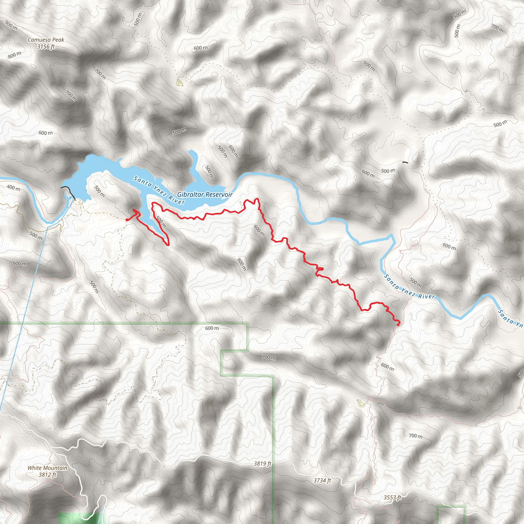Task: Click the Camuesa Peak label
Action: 46,40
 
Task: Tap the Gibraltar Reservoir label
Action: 205,194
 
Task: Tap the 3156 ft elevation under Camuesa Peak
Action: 46,47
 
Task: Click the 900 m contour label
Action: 12,26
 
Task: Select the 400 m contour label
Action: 14,188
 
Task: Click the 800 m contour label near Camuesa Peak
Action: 15,55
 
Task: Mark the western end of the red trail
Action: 127,220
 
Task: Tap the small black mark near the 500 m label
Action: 405,162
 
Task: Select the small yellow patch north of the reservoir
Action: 180,82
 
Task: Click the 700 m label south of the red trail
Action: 268,357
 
